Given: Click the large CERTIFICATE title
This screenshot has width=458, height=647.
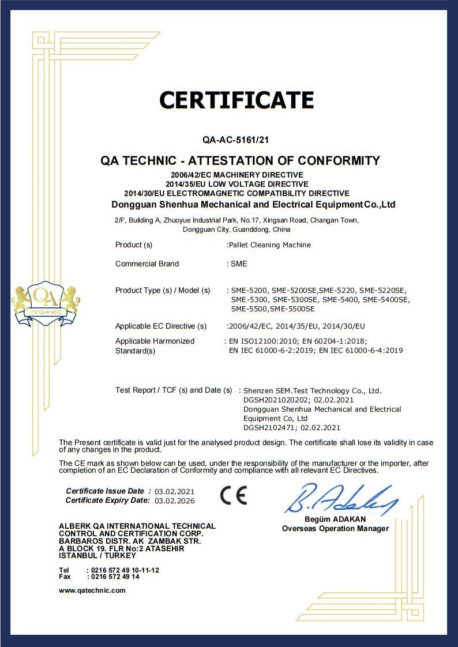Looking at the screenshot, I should (x=236, y=101).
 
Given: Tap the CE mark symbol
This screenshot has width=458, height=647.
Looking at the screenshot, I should (x=234, y=495).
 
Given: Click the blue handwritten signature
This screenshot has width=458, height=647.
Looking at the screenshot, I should (x=340, y=499).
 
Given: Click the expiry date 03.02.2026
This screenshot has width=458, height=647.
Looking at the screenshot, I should (x=175, y=501).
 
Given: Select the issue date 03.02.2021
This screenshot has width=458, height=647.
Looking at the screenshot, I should (x=175, y=492).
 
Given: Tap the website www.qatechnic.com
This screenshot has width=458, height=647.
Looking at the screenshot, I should (x=92, y=590).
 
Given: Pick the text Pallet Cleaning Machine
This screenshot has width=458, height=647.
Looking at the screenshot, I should (x=270, y=245).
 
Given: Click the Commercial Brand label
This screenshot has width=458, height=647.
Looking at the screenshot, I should (x=147, y=264).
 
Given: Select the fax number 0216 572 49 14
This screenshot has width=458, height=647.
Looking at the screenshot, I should (x=113, y=577).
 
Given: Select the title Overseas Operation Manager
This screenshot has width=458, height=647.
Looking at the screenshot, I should (x=335, y=529).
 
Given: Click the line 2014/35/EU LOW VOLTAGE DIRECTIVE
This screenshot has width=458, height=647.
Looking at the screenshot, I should (x=236, y=183).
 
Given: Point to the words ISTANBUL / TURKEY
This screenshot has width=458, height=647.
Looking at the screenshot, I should (x=97, y=556).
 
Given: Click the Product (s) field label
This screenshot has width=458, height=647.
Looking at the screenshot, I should (x=134, y=245).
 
